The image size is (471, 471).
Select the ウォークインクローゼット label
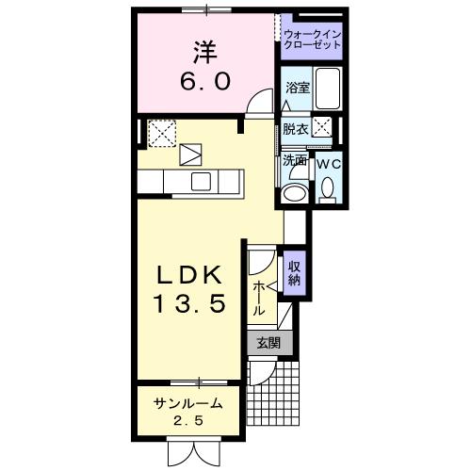[312, 40]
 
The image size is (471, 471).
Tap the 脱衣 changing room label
[295, 129]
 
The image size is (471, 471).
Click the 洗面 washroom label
[294, 161]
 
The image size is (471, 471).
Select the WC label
[328, 163]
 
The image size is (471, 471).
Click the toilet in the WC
[328, 191]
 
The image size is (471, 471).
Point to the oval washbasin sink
[294, 193]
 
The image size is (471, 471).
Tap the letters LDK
[188, 275]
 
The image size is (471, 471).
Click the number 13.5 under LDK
[188, 304]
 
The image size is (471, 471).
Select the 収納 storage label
[294, 271]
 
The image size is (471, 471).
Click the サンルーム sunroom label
[188, 402]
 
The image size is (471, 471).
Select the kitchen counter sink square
[201, 181]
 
